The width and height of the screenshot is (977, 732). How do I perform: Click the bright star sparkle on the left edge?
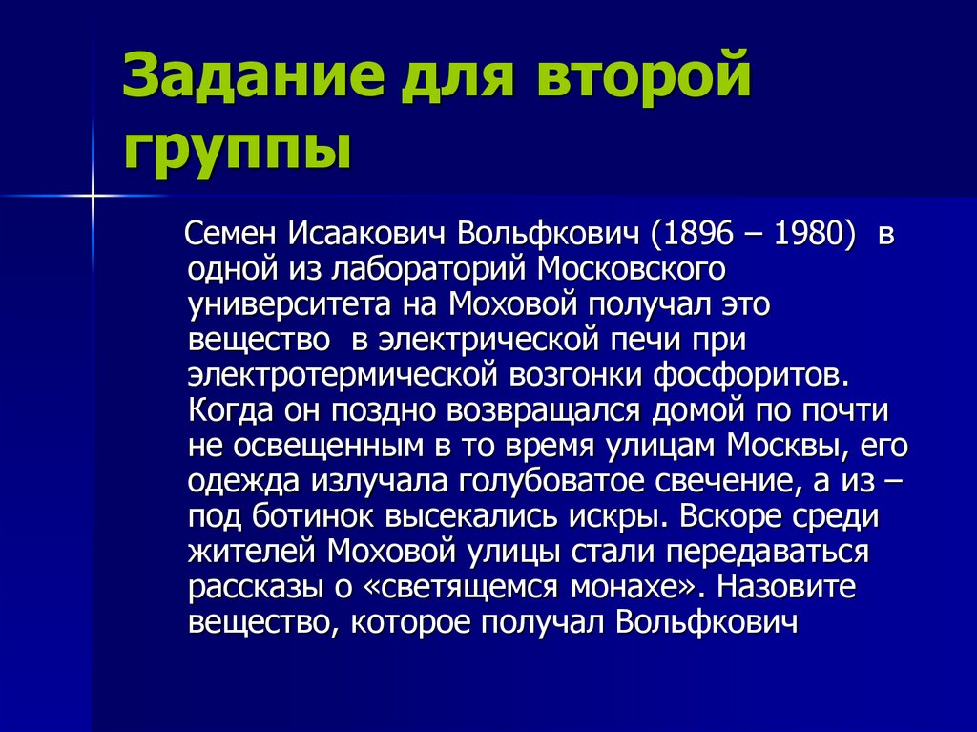94,195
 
